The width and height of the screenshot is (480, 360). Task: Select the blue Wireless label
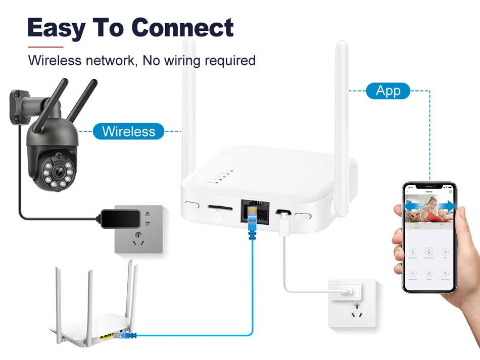tap(128, 131)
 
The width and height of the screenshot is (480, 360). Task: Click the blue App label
tap(388, 91)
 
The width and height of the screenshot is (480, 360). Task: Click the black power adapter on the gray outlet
tap(120, 217)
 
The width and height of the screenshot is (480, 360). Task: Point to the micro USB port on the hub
tap(284, 215)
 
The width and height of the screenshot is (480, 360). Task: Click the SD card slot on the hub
tap(221, 208)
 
